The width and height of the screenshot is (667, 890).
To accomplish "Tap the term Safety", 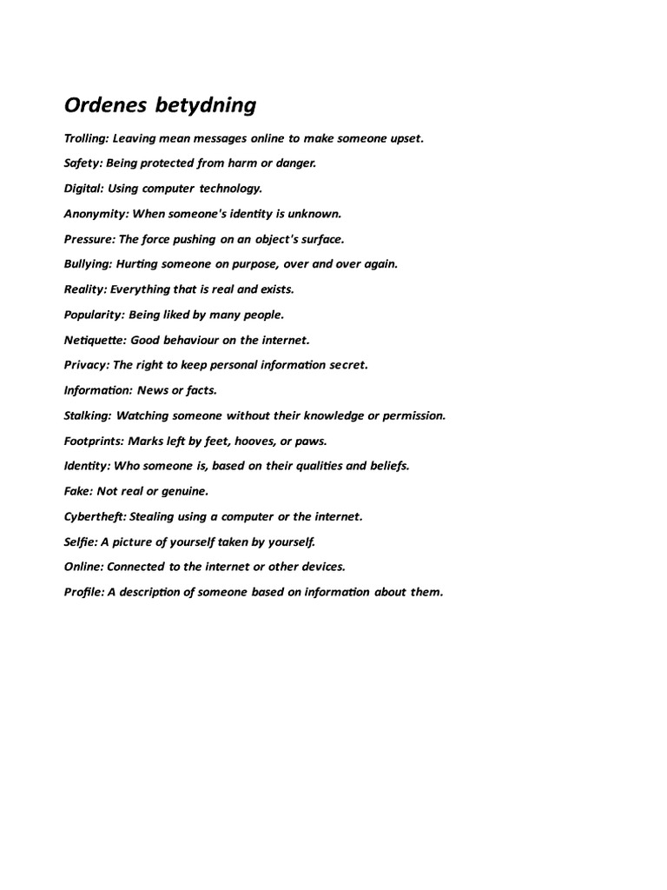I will point(83,163).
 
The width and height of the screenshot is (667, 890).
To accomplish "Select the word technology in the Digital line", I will point(230,189).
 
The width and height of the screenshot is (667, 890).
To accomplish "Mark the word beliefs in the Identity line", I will point(388,466).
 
